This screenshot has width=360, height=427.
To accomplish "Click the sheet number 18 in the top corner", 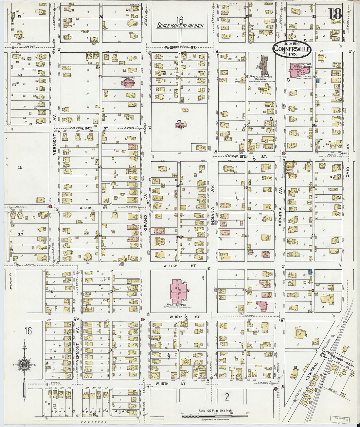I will pyautogui.click(x=335, y=14).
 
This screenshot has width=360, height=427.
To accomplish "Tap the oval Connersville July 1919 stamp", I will pyautogui.click(x=292, y=48).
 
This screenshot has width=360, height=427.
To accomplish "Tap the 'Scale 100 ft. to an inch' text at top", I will pyautogui.click(x=180, y=26).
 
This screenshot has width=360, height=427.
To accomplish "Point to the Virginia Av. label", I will pyautogui.click(x=280, y=216).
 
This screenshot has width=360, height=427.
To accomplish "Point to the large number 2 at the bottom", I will pyautogui.click(x=227, y=397).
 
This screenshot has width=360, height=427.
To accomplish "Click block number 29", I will pyautogui.click(x=179, y=121).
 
